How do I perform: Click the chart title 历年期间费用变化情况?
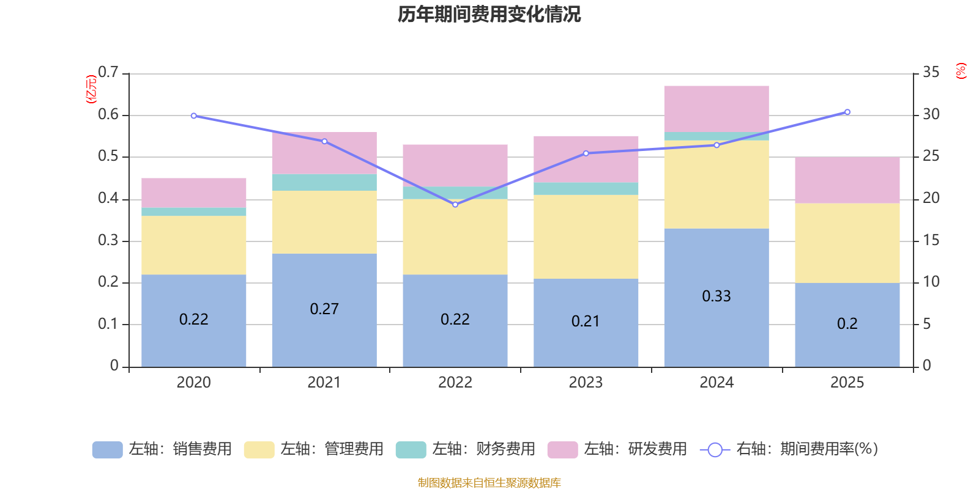(489, 14)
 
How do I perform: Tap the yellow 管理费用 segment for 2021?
(324, 222)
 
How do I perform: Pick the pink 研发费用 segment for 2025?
(847, 180)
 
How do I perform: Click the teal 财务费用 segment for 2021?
(324, 182)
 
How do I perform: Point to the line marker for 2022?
(455, 205)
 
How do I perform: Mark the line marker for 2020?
(194, 116)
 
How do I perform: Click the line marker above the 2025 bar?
(847, 112)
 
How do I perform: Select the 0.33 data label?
(716, 296)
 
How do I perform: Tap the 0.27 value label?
(324, 309)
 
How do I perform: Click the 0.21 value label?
(586, 322)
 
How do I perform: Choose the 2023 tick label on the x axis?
(586, 383)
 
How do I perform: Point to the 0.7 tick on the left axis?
(108, 73)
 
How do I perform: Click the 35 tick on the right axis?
(931, 73)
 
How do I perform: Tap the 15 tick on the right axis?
(931, 240)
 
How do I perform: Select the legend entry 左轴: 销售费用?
(162, 449)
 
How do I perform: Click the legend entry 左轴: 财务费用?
(466, 449)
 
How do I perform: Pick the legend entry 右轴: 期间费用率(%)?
(789, 449)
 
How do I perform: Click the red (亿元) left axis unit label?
(91, 89)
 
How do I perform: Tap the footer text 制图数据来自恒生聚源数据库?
(489, 483)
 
